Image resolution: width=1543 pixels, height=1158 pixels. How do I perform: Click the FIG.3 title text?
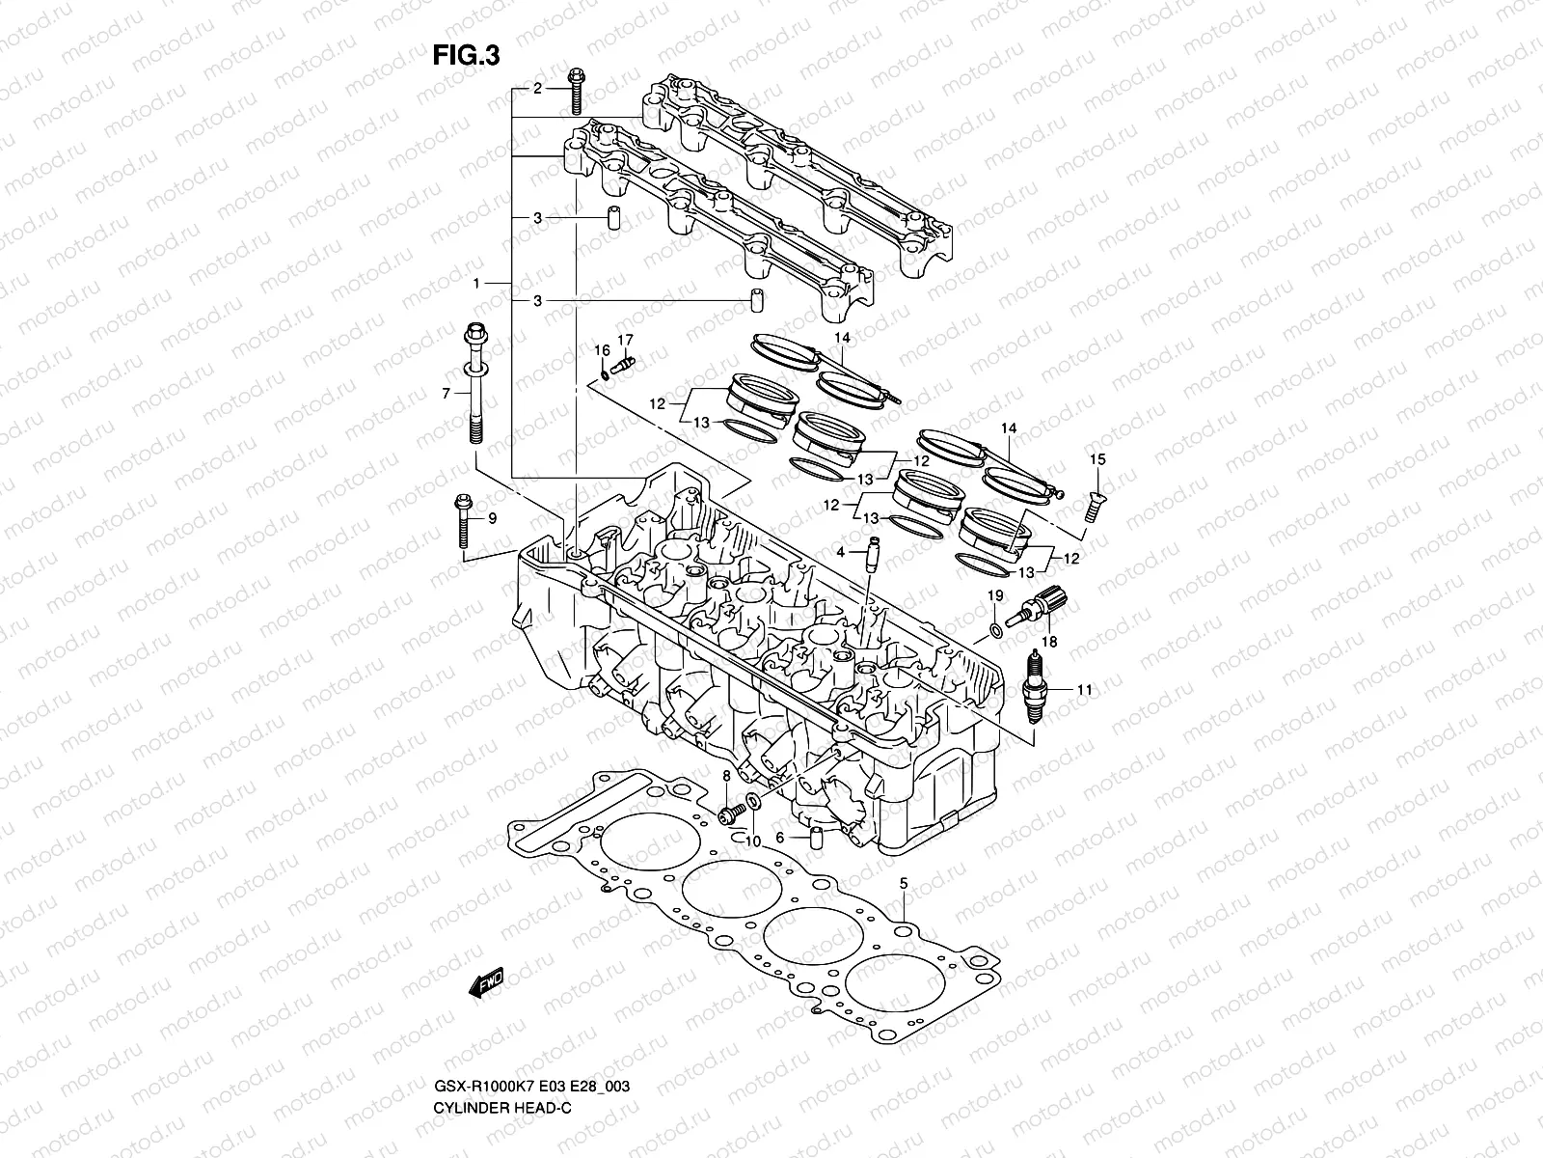click(x=466, y=54)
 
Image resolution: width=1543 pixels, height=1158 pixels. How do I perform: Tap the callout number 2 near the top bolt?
click(x=538, y=89)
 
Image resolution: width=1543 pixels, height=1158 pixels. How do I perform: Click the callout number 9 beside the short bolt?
click(x=492, y=519)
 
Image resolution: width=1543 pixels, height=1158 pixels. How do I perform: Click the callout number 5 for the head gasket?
click(x=904, y=883)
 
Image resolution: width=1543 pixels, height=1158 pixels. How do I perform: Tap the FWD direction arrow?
click(x=487, y=983)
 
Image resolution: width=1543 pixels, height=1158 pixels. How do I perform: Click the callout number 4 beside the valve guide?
click(x=841, y=552)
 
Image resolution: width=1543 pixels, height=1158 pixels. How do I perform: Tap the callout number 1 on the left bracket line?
click(x=476, y=284)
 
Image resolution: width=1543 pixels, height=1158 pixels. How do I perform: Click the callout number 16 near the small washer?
click(x=601, y=349)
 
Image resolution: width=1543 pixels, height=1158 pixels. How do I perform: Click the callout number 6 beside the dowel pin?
click(x=779, y=839)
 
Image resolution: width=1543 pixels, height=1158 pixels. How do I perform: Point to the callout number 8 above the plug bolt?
click(x=726, y=776)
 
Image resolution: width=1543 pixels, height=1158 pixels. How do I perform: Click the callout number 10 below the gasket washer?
click(x=752, y=841)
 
